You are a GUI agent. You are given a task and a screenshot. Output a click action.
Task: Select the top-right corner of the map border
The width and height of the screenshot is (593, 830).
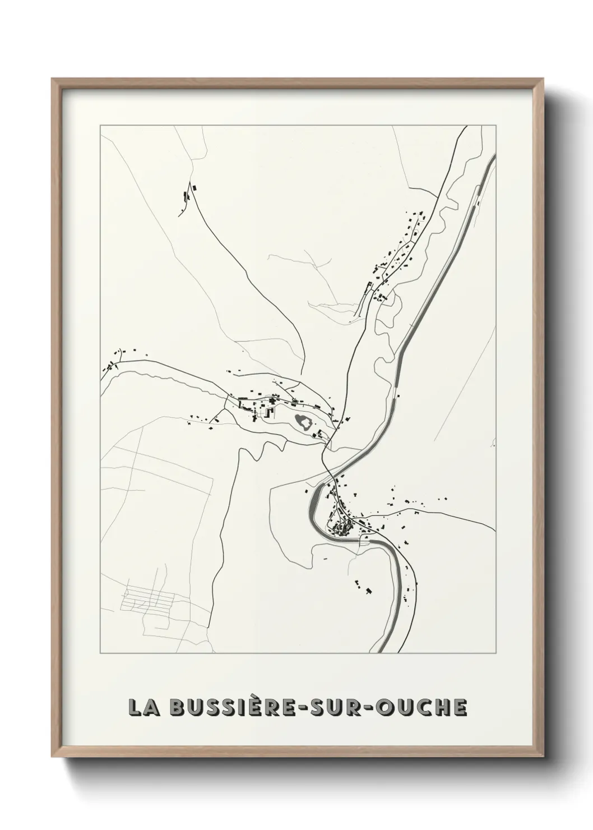[x=496, y=126]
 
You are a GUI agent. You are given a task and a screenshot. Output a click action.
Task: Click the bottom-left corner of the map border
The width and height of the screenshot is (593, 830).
[x=100, y=653]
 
